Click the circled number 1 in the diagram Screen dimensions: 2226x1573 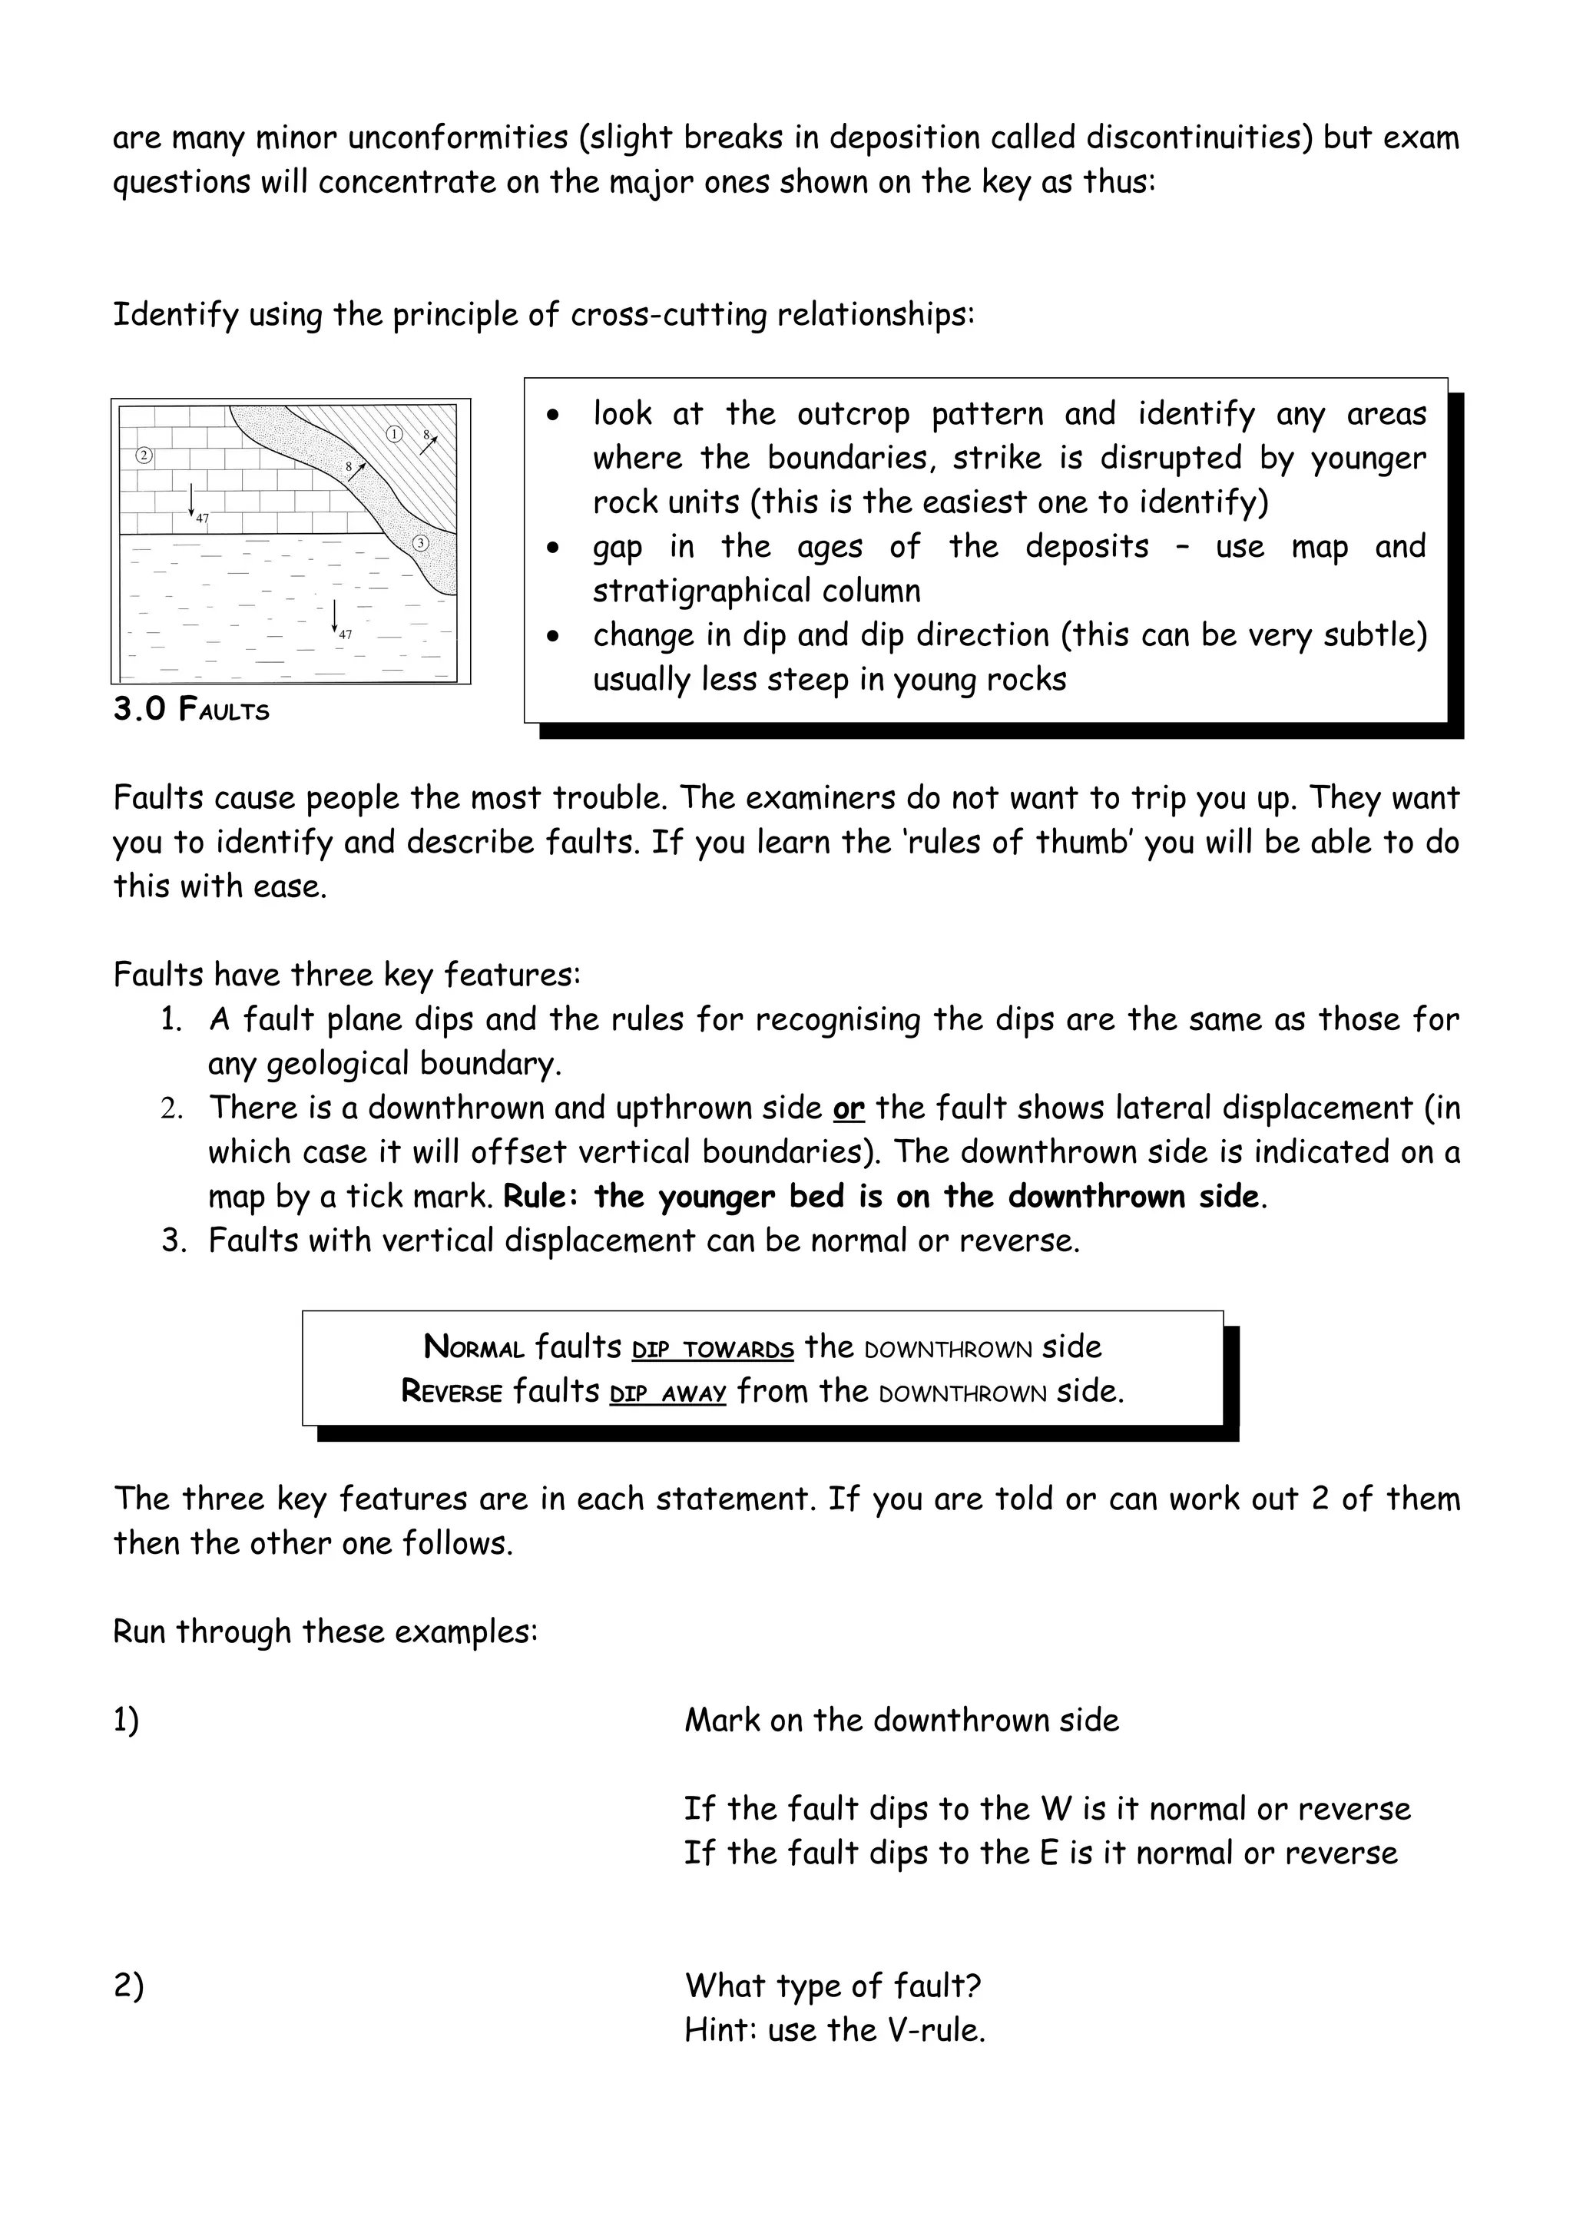coord(395,434)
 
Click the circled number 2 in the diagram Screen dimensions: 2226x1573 coord(144,455)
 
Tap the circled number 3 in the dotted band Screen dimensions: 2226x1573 coord(421,543)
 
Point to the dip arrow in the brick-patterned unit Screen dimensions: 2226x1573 coord(192,499)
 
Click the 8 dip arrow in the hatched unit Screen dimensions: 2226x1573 coord(429,445)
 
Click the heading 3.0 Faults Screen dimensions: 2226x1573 coord(191,710)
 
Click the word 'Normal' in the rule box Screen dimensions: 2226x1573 coord(474,1347)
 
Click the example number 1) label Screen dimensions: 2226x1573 coord(126,1721)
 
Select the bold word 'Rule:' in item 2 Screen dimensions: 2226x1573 coord(541,1197)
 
